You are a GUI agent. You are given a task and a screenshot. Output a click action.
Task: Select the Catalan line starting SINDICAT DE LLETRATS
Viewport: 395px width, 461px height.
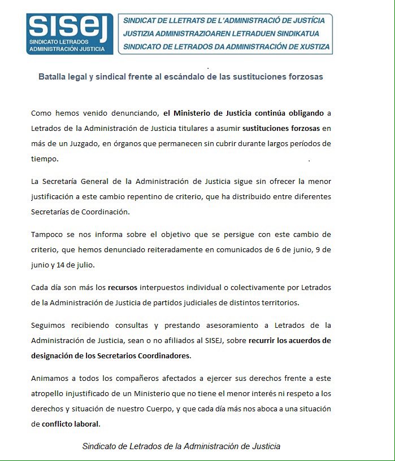[x=227, y=21]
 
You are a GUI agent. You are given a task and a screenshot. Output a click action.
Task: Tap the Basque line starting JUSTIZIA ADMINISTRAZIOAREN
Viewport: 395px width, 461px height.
[x=227, y=34]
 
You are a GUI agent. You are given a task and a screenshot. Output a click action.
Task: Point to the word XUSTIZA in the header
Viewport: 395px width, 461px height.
[x=310, y=47]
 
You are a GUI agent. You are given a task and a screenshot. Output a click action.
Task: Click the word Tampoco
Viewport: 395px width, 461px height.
[x=47, y=234]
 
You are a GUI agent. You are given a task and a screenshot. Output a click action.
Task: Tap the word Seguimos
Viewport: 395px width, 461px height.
[x=49, y=326]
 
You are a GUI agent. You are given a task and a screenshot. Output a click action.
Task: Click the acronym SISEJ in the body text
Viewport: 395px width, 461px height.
[x=225, y=341]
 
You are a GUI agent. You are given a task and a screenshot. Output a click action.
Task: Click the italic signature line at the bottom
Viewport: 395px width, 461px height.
[x=181, y=446]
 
